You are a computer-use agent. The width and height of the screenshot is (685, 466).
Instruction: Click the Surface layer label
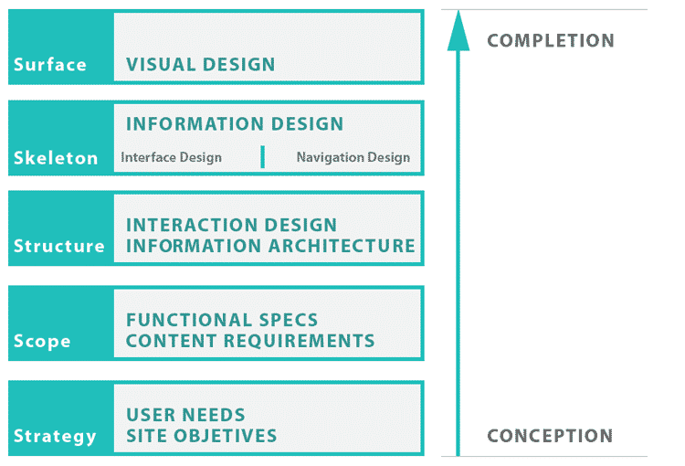coord(50,65)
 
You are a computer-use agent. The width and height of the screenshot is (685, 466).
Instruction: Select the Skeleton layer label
coord(56,158)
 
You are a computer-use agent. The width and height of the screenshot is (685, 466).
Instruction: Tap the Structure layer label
coord(58,247)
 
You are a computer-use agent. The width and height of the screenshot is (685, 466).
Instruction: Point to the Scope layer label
coord(42,342)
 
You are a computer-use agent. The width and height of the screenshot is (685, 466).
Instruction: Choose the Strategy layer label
coord(55,436)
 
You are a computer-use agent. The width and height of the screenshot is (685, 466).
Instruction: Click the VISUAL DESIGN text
coord(201,65)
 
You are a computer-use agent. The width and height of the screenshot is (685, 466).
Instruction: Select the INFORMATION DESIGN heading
coord(235,124)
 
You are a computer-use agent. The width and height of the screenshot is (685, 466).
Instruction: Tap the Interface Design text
coord(171,157)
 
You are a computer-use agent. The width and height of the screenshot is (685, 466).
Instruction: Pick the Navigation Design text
coord(353,157)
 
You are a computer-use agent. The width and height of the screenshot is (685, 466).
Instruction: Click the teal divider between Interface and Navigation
coord(262,157)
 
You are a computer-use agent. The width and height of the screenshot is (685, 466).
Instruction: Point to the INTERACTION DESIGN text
coord(231,225)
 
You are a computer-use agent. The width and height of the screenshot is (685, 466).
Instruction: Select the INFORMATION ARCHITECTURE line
coord(270,246)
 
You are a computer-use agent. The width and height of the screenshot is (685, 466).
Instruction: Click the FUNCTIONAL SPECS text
coord(222,320)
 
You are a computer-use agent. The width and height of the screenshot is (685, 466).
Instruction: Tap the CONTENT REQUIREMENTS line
coord(250,341)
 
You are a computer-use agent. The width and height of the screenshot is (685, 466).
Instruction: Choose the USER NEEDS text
coord(185,415)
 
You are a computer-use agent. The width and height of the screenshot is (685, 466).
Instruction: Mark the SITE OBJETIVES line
coord(201,436)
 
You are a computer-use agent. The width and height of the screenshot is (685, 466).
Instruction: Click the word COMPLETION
coord(551,41)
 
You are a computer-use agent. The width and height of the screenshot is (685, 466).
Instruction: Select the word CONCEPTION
coord(550,436)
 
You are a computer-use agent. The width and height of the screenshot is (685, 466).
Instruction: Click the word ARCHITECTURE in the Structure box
coord(343,246)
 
